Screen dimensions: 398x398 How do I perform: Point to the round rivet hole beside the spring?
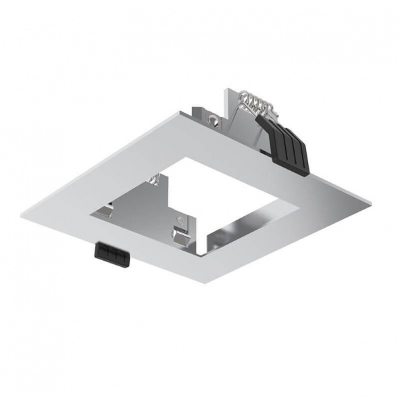(x=215, y=122)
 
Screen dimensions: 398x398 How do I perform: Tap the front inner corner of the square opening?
(x=205, y=255)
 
